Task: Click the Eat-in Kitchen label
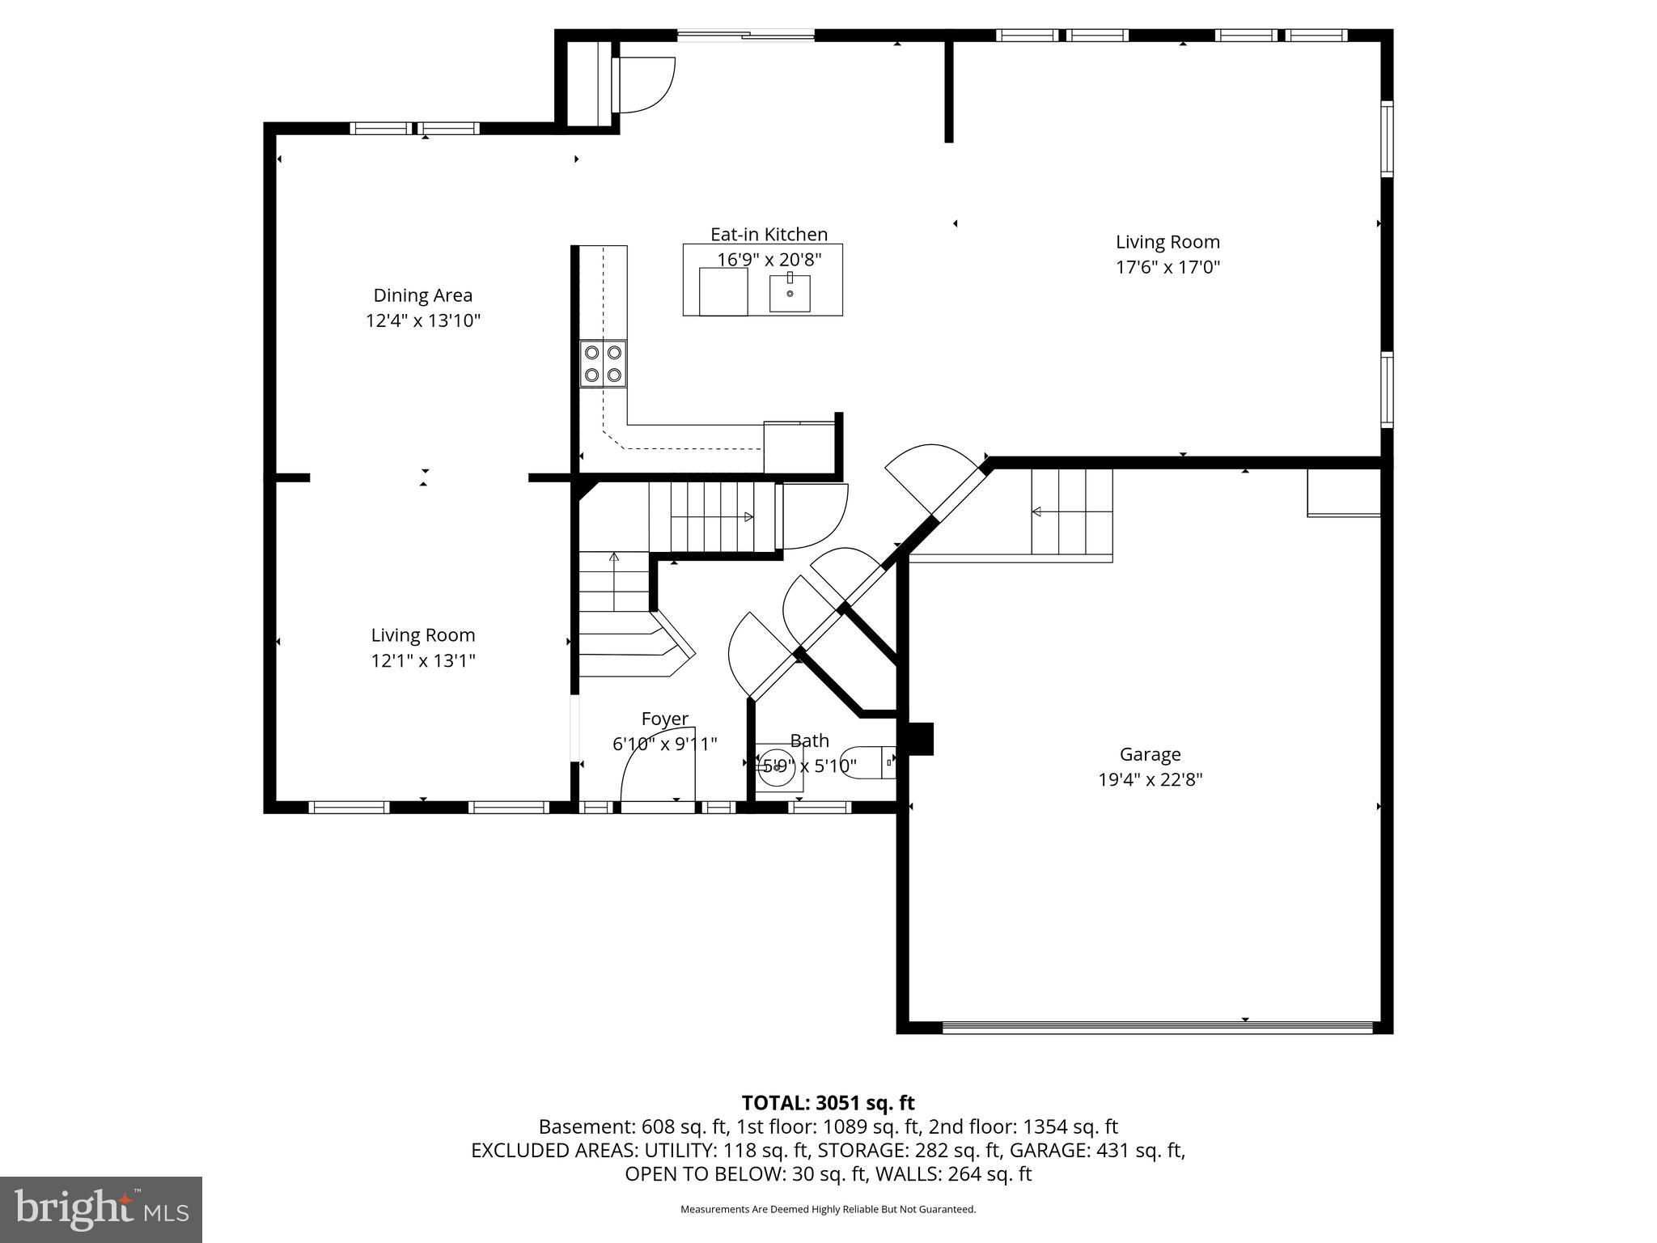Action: tap(769, 235)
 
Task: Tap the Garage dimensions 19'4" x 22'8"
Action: tap(1150, 780)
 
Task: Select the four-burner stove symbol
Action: tap(603, 364)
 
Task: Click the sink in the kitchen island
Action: tap(789, 293)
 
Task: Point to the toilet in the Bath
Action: tap(867, 762)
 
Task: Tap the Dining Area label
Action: tap(422, 295)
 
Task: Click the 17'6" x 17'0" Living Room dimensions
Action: tap(1168, 267)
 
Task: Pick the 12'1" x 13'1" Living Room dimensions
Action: tap(422, 661)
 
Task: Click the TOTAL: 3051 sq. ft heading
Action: tap(828, 1103)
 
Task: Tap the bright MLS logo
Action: tap(101, 1209)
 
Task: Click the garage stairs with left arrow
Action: tap(1070, 511)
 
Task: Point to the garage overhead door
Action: tap(1157, 1028)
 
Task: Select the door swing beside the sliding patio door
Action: tap(645, 85)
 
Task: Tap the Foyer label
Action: tap(664, 719)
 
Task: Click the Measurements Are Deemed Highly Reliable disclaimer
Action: tap(828, 1210)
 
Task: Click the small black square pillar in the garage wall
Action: tap(920, 739)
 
